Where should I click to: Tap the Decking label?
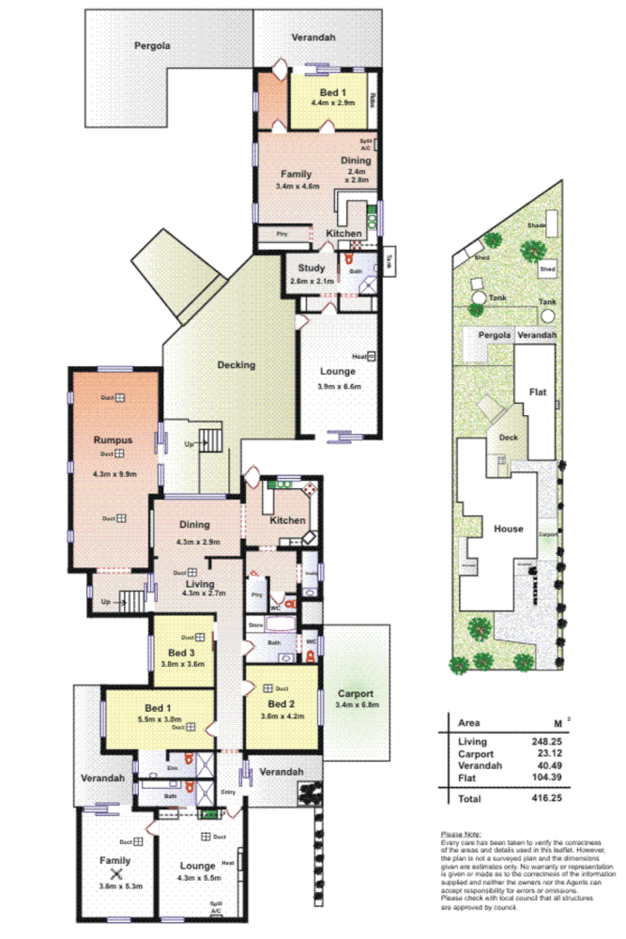pyautogui.click(x=236, y=365)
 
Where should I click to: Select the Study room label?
pyautogui.click(x=311, y=269)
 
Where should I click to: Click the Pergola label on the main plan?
pyautogui.click(x=151, y=44)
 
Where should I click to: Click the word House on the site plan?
pyautogui.click(x=508, y=529)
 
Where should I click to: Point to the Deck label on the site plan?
pyautogui.click(x=508, y=438)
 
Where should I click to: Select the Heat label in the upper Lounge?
pyautogui.click(x=359, y=357)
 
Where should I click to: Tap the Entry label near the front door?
pyautogui.click(x=228, y=792)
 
